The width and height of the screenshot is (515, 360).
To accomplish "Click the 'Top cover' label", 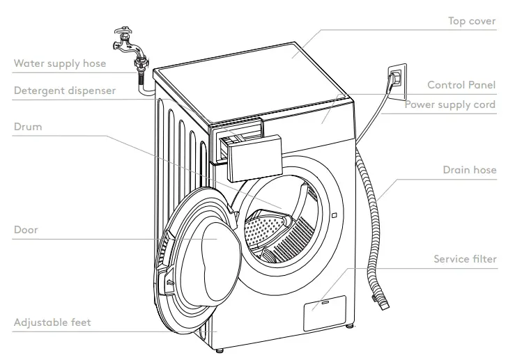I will [471, 22].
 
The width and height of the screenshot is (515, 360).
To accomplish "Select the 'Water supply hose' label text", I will [60, 63].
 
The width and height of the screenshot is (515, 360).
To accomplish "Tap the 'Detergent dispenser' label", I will [64, 91].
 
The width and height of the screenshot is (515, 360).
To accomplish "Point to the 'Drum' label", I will [27, 127].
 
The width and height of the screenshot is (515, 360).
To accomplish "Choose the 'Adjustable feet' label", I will [52, 323].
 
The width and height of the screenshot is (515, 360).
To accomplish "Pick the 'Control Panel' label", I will [461, 85].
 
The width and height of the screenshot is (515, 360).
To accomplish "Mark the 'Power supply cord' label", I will [450, 104].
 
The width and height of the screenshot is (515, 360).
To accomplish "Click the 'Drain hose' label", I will [470, 170].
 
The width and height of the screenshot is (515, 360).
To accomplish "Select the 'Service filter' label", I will [465, 259].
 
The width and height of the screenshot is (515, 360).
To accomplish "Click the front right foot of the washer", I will [348, 324].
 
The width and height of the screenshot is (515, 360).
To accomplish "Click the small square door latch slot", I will [335, 215].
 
